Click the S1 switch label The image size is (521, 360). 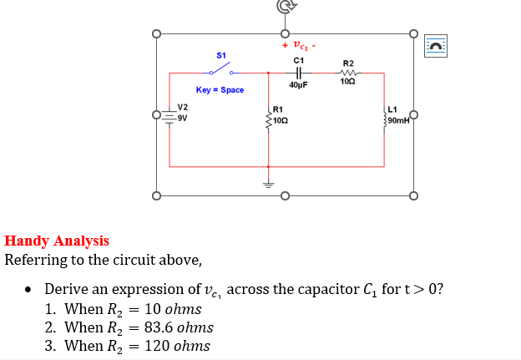[220, 55]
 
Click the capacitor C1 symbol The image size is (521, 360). [298, 74]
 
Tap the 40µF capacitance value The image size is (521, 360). [298, 85]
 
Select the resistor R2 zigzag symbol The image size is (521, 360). [348, 73]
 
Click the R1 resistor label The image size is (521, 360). [278, 109]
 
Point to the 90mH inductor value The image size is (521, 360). [398, 120]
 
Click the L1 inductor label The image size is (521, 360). [393, 109]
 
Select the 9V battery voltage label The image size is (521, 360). [183, 117]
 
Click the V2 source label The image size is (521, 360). [183, 107]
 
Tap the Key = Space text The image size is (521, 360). [220, 89]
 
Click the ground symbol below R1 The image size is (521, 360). [268, 185]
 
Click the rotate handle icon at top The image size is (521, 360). [284, 7]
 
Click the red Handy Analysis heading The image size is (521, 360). [57, 241]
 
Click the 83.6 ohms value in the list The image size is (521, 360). [179, 327]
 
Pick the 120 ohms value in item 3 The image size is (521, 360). [177, 346]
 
